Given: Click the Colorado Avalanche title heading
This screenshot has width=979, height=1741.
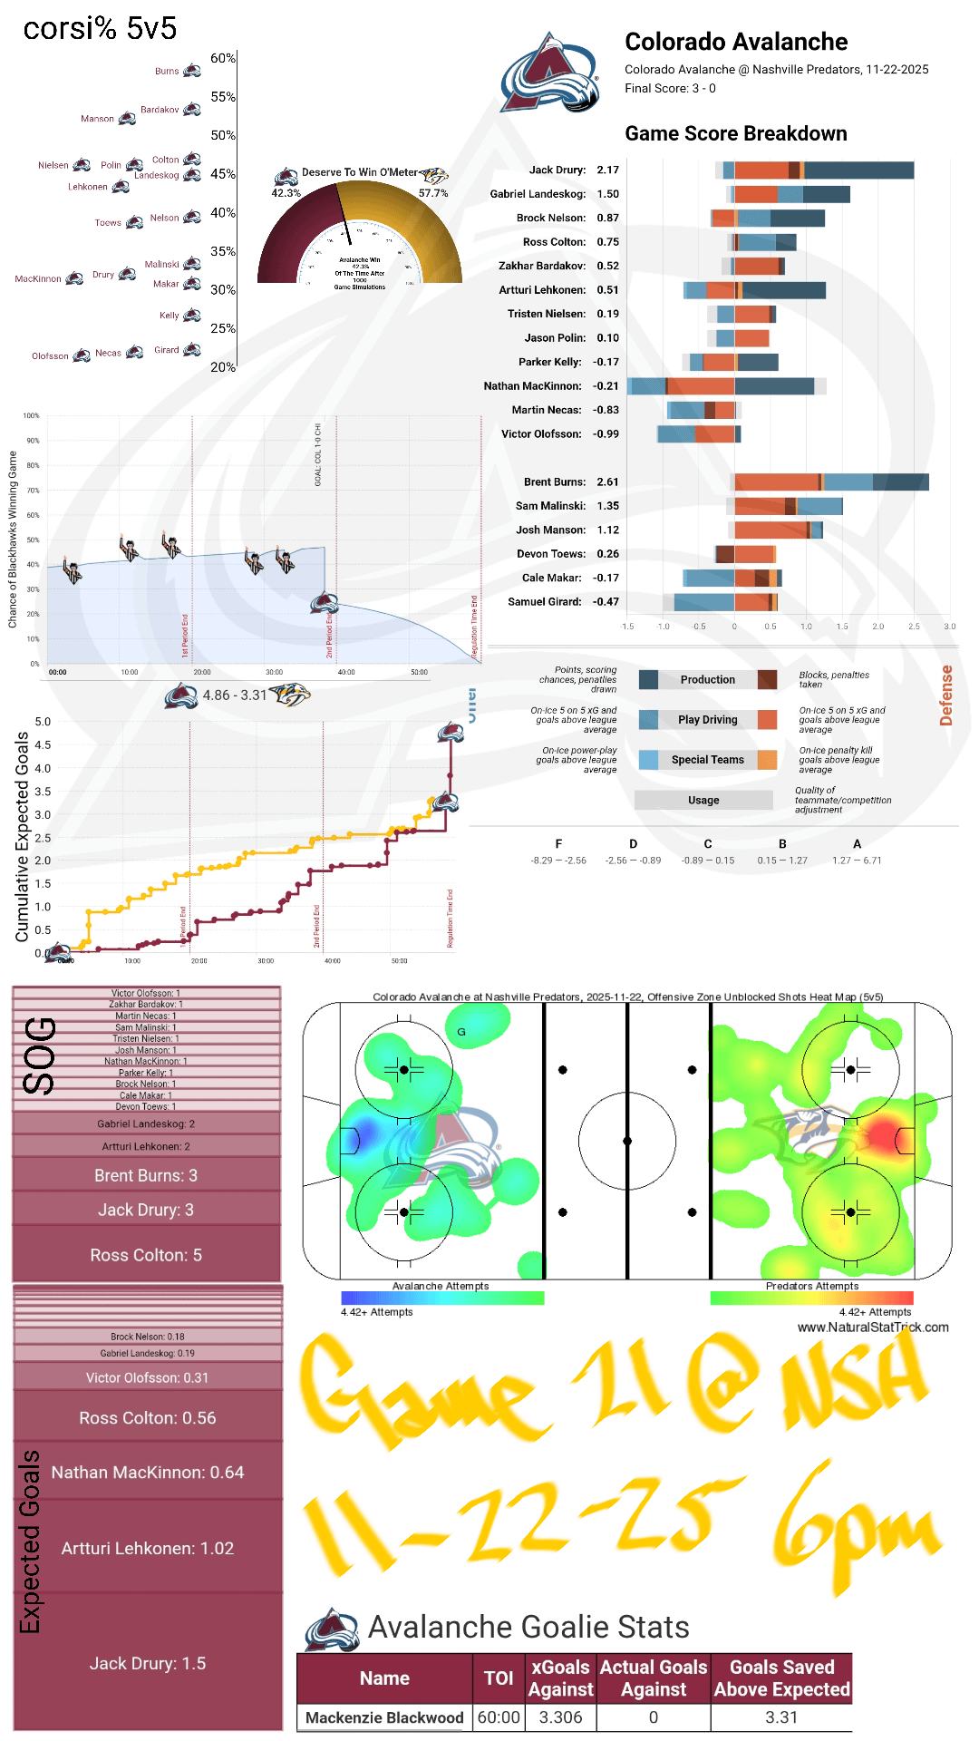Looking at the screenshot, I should [736, 42].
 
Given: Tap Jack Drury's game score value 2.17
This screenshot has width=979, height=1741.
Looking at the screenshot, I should [607, 170].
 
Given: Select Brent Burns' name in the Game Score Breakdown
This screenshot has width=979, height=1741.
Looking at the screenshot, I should [555, 481].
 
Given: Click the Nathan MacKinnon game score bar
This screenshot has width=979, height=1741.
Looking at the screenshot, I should [725, 386].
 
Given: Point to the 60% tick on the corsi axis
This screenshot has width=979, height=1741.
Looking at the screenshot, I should [223, 58].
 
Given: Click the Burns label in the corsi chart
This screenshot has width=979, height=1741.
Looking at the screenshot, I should [167, 71].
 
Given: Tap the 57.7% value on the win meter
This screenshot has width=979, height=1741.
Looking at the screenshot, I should [433, 193].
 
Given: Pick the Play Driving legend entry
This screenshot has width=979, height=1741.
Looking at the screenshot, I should [707, 720].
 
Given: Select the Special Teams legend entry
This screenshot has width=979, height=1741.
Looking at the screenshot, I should [707, 760].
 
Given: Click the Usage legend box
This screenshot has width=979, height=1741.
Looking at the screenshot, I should [703, 800].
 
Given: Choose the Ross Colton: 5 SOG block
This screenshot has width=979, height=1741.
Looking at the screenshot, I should [146, 1255].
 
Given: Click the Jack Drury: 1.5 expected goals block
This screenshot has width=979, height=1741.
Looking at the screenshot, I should [148, 1663].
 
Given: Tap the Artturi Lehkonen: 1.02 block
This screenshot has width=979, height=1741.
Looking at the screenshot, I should [148, 1548].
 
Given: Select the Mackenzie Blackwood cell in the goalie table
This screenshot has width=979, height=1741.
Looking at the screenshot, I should [384, 1717].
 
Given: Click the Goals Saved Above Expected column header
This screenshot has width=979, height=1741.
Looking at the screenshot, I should [781, 1678].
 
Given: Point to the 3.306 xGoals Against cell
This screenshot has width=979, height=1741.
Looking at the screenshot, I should [560, 1717].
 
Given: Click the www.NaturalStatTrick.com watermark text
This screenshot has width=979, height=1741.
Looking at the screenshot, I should [873, 1327].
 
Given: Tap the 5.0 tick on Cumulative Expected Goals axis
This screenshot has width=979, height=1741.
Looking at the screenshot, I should [43, 722].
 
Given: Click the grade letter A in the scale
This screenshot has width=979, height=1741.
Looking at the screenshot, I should [857, 843].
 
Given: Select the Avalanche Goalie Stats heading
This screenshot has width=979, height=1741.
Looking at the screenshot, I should [528, 1627].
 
